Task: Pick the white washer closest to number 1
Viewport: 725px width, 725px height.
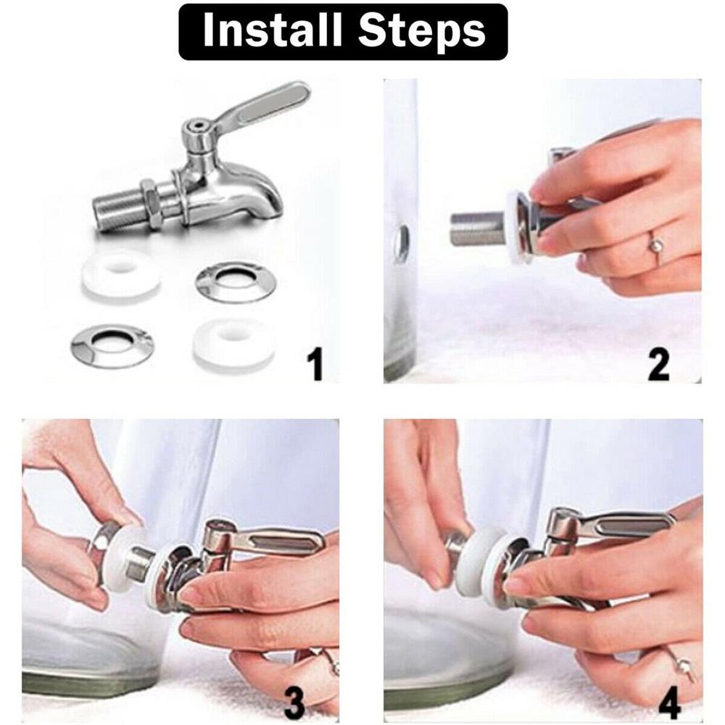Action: [233, 341]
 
